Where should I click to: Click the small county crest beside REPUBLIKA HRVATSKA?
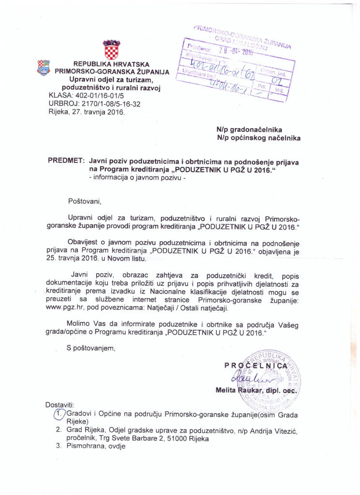coord(43,67)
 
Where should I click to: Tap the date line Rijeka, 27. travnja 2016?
coord(86,112)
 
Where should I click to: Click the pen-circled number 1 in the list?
coord(58,413)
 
